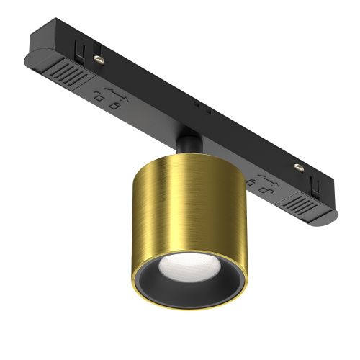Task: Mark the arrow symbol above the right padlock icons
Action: point(264,178)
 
